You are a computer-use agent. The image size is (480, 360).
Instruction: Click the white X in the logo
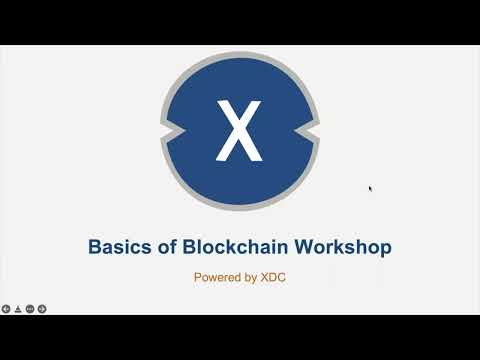[239, 131]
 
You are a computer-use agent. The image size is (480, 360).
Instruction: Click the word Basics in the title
[120, 245]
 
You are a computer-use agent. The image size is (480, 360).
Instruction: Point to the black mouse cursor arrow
[370, 187]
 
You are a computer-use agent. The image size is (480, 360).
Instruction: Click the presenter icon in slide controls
[18, 308]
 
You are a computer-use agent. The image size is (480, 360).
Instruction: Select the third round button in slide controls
[30, 308]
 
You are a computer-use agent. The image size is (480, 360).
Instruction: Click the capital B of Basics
[96, 245]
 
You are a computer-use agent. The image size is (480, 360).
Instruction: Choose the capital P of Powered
[198, 277]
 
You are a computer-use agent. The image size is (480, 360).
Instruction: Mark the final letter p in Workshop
[385, 247]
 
